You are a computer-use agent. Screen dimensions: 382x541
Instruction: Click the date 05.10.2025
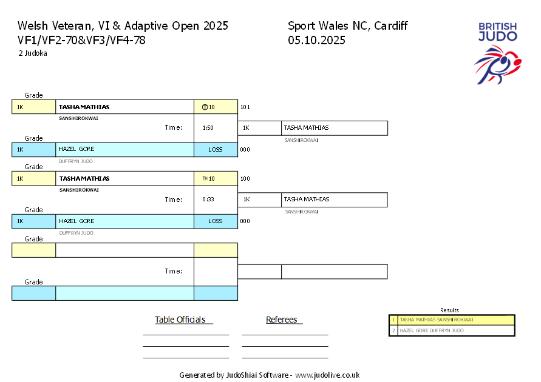tap(316, 41)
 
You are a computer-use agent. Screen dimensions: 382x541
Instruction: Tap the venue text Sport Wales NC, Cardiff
tap(347, 26)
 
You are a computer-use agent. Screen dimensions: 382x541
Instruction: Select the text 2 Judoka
tap(33, 53)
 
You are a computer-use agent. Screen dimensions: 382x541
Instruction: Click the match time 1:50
tap(208, 128)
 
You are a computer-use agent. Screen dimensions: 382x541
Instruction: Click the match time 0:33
tap(208, 199)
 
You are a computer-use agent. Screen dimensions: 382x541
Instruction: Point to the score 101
tap(245, 107)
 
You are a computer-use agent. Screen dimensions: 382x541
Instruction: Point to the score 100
tap(245, 179)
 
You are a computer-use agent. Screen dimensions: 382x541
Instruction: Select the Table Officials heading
tap(180, 320)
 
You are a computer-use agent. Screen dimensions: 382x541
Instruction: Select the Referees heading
tap(282, 320)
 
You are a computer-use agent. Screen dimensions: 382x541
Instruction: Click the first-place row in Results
tap(452, 320)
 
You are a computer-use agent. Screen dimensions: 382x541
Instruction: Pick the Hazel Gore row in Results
tap(452, 330)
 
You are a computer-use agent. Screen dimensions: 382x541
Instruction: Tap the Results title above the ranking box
tap(449, 310)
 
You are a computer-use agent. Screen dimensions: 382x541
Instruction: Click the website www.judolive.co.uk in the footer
tap(327, 375)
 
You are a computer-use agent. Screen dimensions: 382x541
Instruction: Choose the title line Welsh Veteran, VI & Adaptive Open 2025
tap(123, 26)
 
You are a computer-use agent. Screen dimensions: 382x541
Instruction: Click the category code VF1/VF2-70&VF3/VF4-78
tap(81, 41)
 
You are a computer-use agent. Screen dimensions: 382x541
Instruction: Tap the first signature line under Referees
tap(285, 335)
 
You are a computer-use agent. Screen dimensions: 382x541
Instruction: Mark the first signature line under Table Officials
tap(185, 335)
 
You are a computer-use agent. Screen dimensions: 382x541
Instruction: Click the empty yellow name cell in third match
tap(124, 250)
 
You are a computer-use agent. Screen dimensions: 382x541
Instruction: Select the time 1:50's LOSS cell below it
tap(216, 150)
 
